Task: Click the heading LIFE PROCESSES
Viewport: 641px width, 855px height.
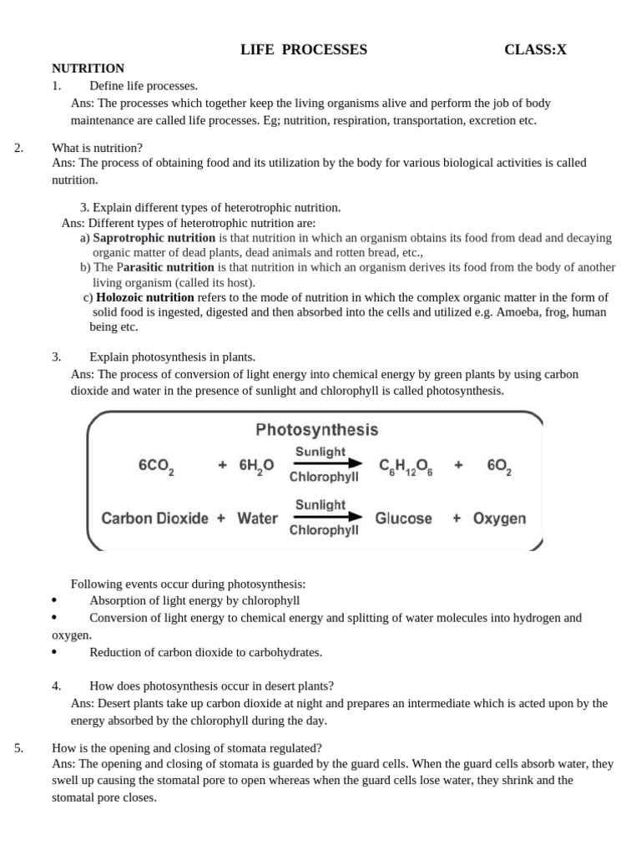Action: (x=304, y=50)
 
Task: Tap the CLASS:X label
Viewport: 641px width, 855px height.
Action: (x=535, y=50)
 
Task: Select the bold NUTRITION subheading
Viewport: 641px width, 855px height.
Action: (x=88, y=68)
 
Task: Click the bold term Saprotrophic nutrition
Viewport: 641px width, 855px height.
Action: (x=154, y=238)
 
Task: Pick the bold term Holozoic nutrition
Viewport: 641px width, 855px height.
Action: (x=145, y=297)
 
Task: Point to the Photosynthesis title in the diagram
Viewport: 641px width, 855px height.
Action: (x=316, y=431)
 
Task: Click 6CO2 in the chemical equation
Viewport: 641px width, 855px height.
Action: (x=156, y=467)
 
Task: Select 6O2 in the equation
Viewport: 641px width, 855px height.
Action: (x=499, y=467)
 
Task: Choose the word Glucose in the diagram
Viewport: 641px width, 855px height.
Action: (x=404, y=519)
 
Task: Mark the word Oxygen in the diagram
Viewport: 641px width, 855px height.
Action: (x=499, y=519)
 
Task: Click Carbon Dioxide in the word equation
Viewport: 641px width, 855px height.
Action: (x=155, y=519)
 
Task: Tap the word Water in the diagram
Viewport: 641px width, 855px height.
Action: (x=257, y=519)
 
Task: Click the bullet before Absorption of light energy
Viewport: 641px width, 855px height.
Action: (x=54, y=600)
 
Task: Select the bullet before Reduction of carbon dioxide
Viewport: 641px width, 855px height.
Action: (x=54, y=652)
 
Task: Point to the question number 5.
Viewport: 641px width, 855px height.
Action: (x=19, y=748)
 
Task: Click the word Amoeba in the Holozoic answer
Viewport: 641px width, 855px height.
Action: (x=517, y=312)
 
